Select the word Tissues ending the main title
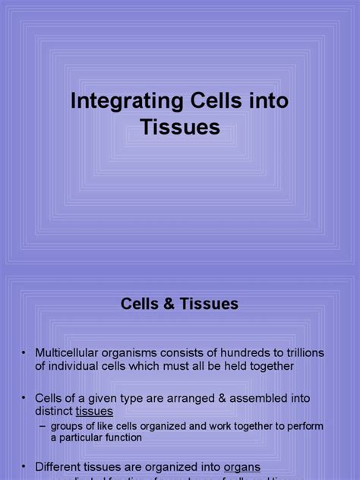pyautogui.click(x=180, y=128)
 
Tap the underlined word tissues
pyautogui.click(x=94, y=411)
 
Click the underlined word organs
pyautogui.click(x=242, y=467)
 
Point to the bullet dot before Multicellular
pyautogui.click(x=24, y=353)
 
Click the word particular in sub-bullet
pyautogui.click(x=93, y=437)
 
